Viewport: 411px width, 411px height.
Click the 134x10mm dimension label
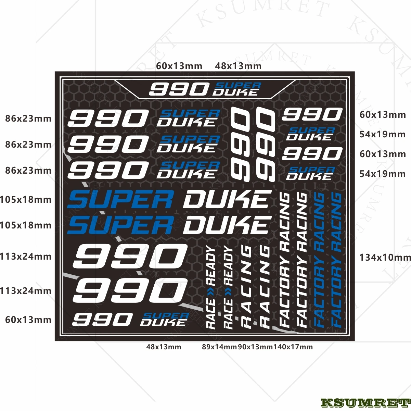point(385,257)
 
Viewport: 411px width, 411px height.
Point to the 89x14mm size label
point(219,347)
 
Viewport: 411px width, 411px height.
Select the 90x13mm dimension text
point(255,347)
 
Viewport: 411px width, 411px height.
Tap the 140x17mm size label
point(293,347)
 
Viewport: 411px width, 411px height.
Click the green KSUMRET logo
point(364,403)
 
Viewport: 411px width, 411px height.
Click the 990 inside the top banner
point(178,90)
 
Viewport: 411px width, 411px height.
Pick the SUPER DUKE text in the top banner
point(236,89)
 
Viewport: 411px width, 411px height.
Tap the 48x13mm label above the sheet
point(238,66)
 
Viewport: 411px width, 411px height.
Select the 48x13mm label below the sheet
point(164,347)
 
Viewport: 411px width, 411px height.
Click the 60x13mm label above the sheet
point(179,66)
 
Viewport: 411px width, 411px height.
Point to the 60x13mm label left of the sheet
point(28,320)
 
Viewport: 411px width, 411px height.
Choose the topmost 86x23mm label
point(28,119)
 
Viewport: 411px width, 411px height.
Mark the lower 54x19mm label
point(382,174)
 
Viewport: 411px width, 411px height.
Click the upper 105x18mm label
point(26,199)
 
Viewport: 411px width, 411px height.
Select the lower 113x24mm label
point(26,291)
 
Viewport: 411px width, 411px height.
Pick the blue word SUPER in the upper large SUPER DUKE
point(120,200)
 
